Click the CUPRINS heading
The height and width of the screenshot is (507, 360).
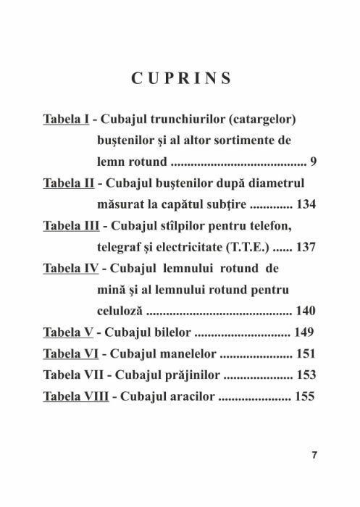coord(180,77)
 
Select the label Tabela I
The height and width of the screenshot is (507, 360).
coord(69,117)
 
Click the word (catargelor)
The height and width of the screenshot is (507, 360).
coord(269,117)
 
